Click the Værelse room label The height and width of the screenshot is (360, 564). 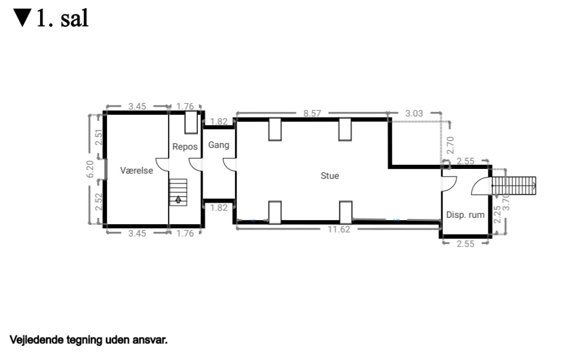(x=136, y=171)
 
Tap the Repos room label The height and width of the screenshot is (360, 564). (x=185, y=147)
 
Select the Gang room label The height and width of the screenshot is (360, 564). (x=219, y=145)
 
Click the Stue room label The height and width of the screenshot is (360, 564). (x=330, y=175)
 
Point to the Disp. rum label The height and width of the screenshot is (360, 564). (x=465, y=215)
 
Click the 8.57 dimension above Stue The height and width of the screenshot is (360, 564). (x=312, y=114)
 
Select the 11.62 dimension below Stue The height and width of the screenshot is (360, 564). (x=338, y=230)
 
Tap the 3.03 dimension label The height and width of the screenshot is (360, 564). (x=414, y=114)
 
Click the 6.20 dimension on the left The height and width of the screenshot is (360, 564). (x=90, y=169)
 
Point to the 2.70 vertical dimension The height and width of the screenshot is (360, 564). (x=450, y=144)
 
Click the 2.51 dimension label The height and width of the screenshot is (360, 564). (x=99, y=137)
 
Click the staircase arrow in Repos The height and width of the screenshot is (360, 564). (x=178, y=200)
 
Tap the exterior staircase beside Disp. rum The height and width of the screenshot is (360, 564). (x=515, y=186)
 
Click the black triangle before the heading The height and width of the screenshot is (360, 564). (x=22, y=18)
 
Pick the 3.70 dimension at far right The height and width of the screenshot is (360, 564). (x=506, y=202)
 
